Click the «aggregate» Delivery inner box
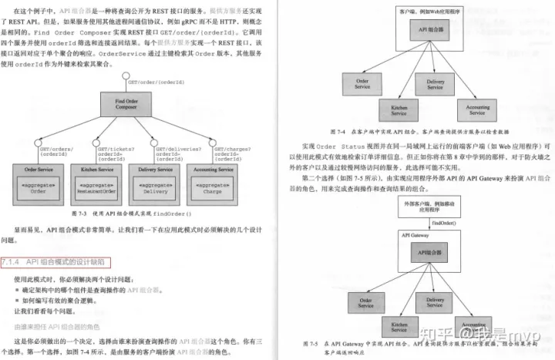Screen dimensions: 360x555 (153, 189)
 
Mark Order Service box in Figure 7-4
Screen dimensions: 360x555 (362, 83)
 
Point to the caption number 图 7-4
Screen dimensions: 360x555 (336, 130)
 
